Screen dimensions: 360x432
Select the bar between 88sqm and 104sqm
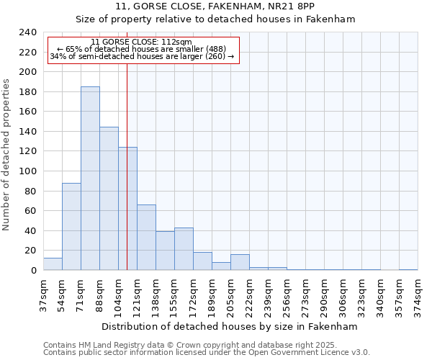coord(109,199)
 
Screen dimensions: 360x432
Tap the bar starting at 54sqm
coord(71,227)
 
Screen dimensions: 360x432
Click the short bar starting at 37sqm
coord(53,264)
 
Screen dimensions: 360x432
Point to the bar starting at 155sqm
coord(184,249)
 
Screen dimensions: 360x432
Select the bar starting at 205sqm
coord(240,263)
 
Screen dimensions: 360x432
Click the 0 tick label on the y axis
coord(33,271)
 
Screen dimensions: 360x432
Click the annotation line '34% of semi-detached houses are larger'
coord(142,56)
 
